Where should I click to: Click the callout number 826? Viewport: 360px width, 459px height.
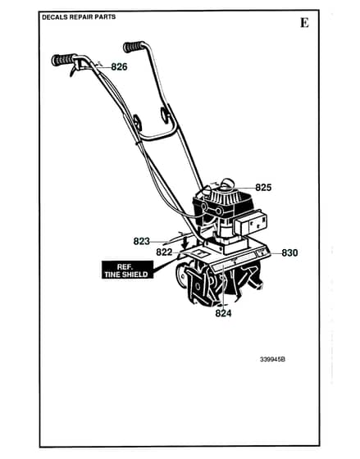[119, 67]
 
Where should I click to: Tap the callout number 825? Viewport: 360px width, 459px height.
[263, 188]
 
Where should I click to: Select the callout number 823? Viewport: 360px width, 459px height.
[142, 241]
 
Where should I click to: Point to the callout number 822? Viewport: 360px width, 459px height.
[164, 252]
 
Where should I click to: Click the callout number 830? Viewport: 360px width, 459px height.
[289, 253]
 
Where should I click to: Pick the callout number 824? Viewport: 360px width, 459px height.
[223, 313]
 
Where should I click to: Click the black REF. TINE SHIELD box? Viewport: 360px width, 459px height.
[127, 270]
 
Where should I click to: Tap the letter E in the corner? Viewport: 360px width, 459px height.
[304, 23]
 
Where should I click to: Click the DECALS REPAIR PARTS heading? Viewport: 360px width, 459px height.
[79, 17]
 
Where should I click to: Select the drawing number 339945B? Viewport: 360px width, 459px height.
[272, 359]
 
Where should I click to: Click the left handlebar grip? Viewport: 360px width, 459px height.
[63, 60]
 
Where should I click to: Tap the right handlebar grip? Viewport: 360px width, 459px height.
[134, 47]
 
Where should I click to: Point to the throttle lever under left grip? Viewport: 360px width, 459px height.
[74, 69]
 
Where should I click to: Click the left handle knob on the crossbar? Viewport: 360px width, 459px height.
[137, 123]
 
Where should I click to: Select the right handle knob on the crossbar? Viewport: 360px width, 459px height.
[165, 114]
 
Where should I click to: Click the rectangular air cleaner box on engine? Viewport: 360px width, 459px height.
[251, 223]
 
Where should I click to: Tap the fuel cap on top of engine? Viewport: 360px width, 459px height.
[228, 184]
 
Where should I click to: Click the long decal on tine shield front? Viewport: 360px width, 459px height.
[234, 262]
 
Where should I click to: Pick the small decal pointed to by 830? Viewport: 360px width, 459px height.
[262, 252]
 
